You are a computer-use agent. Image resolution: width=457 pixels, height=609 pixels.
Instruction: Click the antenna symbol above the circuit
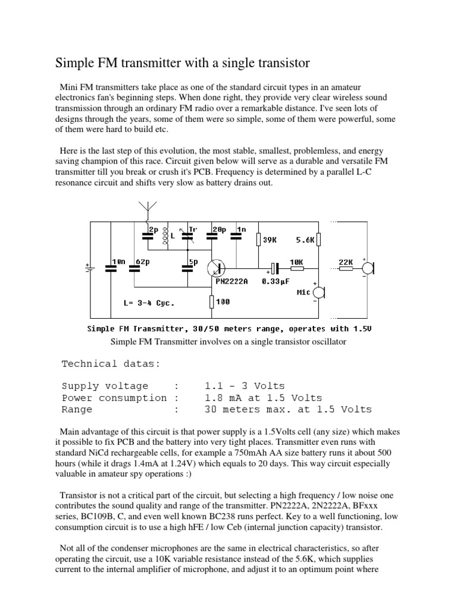pyautogui.click(x=146, y=208)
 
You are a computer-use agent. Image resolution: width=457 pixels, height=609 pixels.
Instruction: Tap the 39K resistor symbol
pyautogui.click(x=258, y=239)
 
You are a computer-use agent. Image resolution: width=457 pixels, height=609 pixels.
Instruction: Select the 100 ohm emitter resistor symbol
pyautogui.click(x=211, y=302)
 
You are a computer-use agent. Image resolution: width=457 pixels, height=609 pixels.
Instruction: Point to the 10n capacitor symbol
pyautogui.click(x=111, y=267)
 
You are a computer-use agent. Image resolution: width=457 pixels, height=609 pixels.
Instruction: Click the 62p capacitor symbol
pyautogui.click(x=134, y=267)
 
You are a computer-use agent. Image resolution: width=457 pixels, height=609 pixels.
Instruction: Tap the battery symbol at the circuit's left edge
pyautogui.click(x=90, y=267)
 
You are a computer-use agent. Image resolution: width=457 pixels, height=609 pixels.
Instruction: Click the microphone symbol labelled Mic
pyautogui.click(x=320, y=293)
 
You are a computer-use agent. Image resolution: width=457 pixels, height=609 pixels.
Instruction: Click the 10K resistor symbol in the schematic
pyautogui.click(x=297, y=268)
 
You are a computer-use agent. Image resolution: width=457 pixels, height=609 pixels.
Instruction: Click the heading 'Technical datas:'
pyautogui.click(x=110, y=363)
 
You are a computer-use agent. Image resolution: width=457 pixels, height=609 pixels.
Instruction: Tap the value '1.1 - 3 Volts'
pyautogui.click(x=245, y=386)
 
